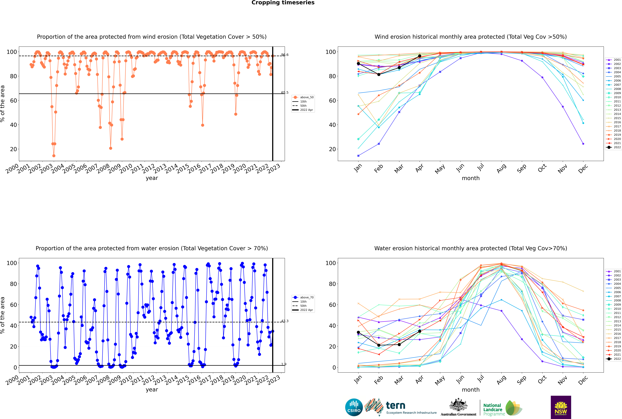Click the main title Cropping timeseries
click(283, 3)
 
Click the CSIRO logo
click(354, 407)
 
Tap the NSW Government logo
click(561, 407)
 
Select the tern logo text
click(396, 406)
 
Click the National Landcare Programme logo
click(503, 408)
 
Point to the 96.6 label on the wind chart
click(285, 55)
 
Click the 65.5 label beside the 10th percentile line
click(285, 92)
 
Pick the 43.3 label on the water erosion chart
click(285, 321)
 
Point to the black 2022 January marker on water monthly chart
click(358, 332)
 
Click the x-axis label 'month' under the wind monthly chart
click(471, 178)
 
